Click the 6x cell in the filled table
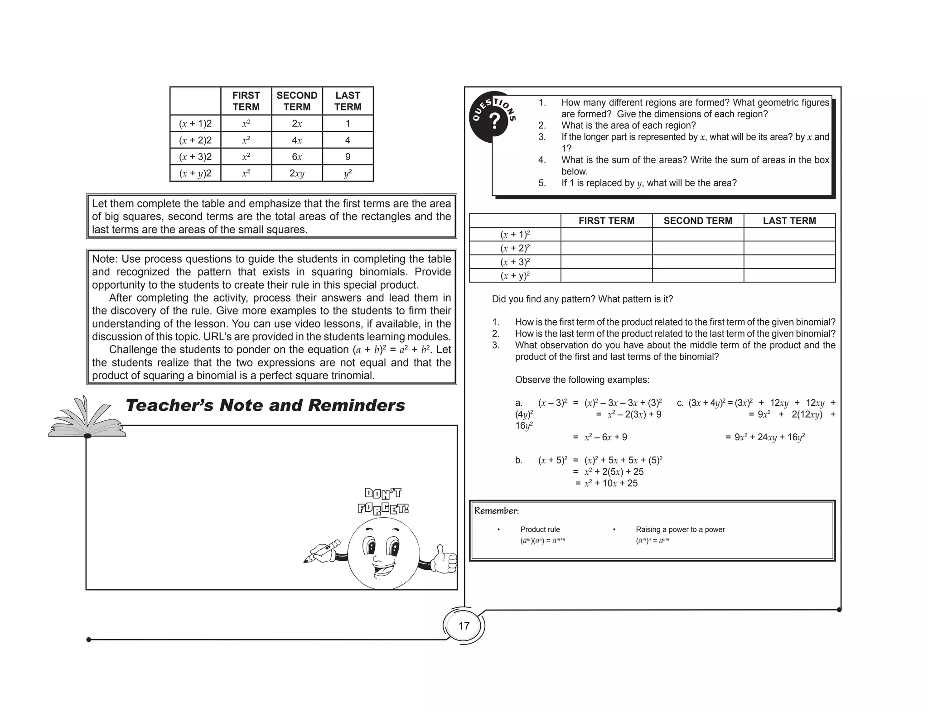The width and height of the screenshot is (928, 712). (297, 157)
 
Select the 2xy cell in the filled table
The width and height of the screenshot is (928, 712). (297, 173)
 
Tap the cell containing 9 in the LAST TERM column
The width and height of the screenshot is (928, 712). (348, 157)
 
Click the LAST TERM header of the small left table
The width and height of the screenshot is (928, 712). (348, 101)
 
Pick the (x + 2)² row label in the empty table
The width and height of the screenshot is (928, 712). (515, 248)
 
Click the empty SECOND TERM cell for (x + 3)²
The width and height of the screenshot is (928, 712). (697, 262)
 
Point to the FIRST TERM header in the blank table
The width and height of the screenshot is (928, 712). (606, 221)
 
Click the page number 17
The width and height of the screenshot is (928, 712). (464, 626)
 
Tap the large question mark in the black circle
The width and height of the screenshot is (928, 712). (495, 121)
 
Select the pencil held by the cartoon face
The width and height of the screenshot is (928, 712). (323, 551)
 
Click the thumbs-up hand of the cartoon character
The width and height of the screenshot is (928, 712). (444, 560)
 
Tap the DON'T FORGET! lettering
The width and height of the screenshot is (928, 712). (383, 501)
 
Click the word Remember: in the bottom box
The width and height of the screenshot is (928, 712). (496, 511)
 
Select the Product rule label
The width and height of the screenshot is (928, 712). (540, 529)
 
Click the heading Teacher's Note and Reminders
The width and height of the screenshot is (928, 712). (265, 405)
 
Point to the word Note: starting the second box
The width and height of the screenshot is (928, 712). (105, 259)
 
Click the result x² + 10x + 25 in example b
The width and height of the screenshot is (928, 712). (610, 483)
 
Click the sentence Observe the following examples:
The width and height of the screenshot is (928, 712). (582, 380)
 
